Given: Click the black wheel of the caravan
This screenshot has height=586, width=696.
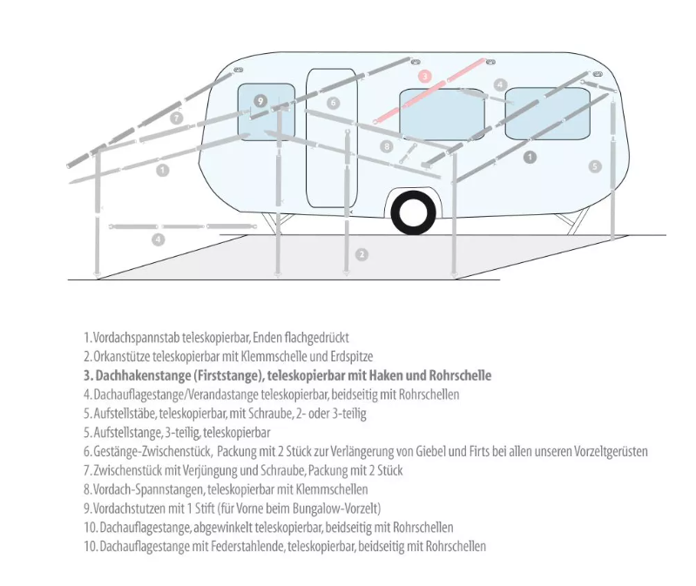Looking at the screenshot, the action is tap(414, 212).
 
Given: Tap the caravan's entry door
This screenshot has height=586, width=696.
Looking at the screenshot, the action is tap(332, 138).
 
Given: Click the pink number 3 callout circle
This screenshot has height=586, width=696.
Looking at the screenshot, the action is tap(425, 76).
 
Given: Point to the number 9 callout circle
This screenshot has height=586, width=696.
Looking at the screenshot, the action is tap(260, 101).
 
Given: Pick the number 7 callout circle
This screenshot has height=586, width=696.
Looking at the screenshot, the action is tap(176, 118).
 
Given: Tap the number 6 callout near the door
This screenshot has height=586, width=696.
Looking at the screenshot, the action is tap(334, 103).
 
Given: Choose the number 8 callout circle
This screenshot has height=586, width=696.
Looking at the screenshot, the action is tap(387, 146).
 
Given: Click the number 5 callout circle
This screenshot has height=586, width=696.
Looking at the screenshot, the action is tap(595, 166).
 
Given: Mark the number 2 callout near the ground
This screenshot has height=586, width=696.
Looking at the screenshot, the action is tap(362, 254).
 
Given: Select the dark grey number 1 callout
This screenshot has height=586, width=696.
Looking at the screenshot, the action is tap(530, 157).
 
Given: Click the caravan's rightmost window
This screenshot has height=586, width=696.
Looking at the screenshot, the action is tap(548, 113).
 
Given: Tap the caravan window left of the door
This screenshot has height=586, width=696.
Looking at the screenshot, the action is tap(267, 112).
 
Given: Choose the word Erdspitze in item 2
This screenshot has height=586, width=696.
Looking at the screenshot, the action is tap(352, 356).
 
